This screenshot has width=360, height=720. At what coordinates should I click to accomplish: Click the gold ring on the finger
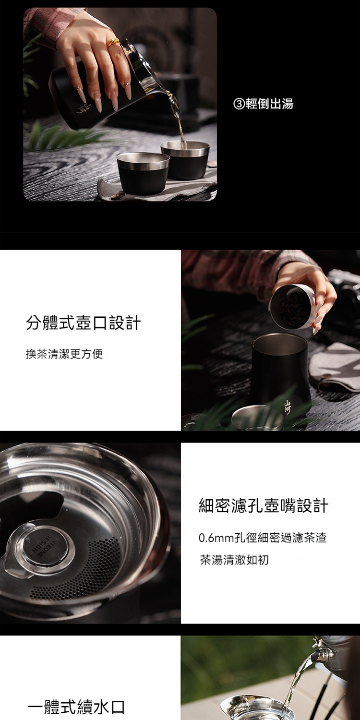tap(114, 43)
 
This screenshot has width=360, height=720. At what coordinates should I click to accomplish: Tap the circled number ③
tap(239, 104)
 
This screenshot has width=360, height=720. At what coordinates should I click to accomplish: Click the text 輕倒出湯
tap(269, 104)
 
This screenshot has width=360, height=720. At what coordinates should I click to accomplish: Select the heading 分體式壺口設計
tap(83, 323)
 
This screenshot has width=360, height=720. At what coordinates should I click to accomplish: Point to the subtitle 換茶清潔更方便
tap(64, 354)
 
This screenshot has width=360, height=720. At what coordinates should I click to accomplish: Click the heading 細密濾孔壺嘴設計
tap(264, 505)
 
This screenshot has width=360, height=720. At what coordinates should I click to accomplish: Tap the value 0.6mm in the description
tap(216, 538)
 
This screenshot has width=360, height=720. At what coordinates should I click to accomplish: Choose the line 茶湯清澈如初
tap(234, 560)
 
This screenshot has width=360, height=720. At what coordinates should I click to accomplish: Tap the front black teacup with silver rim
tap(143, 173)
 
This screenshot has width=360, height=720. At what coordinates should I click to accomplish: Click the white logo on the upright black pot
tap(288, 407)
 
